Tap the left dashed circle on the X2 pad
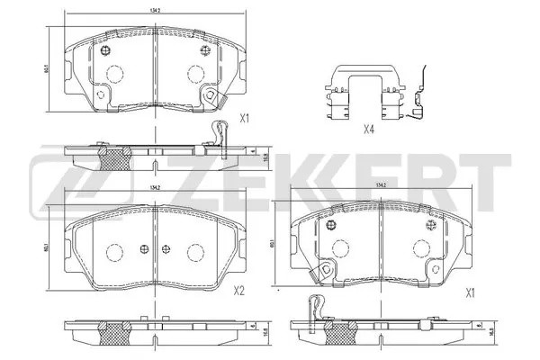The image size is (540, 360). click(114, 253)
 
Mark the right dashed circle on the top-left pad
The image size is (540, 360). click(195, 76)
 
